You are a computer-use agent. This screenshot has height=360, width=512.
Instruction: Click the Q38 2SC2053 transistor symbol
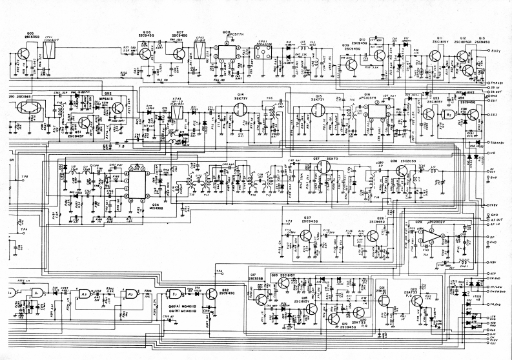pyautogui.click(x=401, y=172)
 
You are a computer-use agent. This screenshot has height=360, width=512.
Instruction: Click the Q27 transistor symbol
pyautogui.click(x=306, y=235)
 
